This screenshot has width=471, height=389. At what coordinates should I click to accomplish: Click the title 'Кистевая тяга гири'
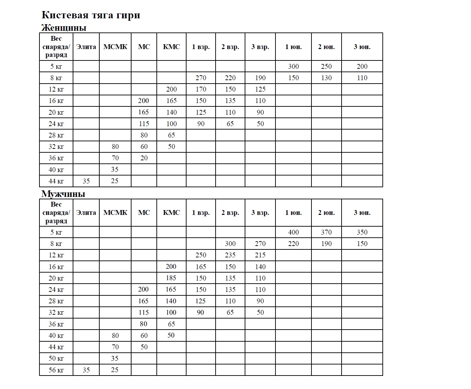pos(91,15)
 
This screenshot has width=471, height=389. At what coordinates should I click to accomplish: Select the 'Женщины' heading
pos(64,28)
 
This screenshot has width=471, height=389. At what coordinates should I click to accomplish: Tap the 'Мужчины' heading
pos(63,194)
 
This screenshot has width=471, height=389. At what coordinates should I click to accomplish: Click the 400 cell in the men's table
pos(293,232)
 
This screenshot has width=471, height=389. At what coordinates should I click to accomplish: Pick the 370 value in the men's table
pos(326,232)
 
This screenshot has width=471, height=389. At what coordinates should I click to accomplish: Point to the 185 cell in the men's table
pos(171,278)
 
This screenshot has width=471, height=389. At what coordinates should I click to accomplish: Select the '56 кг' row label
pos(56,370)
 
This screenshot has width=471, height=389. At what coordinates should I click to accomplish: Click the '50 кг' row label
pos(56,359)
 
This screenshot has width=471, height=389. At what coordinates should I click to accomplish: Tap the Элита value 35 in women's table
pos(86,181)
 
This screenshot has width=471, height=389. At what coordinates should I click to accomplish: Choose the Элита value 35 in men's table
pos(86,370)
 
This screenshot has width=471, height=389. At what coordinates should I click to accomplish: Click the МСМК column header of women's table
pos(115,47)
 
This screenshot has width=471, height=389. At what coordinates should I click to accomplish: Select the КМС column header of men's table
pos(171,213)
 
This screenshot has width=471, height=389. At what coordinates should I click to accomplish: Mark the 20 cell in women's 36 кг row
pos(144,158)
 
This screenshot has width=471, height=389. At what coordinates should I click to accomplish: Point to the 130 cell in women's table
pos(326,78)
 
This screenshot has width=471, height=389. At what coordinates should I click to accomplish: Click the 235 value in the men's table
pos(230,255)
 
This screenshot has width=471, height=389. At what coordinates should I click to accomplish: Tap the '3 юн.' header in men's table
pos(362,213)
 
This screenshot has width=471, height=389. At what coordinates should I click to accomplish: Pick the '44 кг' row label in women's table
pos(56,181)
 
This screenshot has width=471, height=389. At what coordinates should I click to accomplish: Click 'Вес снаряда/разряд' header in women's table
pos(56,47)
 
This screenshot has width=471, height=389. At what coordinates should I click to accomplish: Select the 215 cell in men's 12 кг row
pos(260,255)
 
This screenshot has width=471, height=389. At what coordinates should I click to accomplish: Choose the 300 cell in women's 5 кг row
pos(293,66)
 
